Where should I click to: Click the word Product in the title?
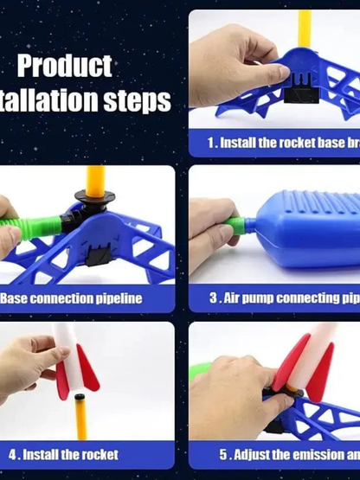(x=64, y=66)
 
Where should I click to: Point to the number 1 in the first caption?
(x=211, y=142)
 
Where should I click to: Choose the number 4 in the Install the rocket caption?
(x=14, y=454)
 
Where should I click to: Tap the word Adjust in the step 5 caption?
(x=252, y=454)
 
